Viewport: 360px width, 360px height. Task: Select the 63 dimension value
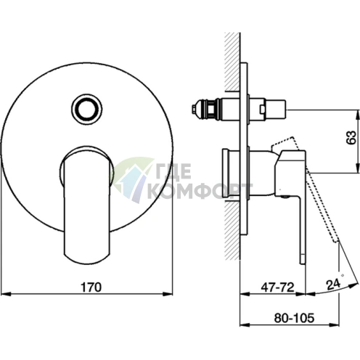[x=351, y=138]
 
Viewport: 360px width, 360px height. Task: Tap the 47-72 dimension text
[x=277, y=287]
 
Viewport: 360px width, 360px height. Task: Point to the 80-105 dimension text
[x=294, y=318]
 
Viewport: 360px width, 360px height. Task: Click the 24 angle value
[x=333, y=285]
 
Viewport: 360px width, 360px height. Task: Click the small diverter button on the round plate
[x=86, y=109]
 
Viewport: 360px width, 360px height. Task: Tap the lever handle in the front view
[x=86, y=205]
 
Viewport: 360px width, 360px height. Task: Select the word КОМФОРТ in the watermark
[x=200, y=191]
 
